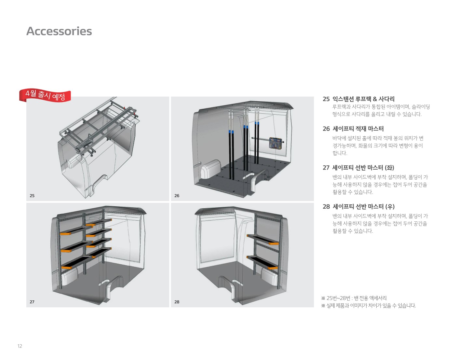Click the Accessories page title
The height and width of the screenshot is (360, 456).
pos(59,31)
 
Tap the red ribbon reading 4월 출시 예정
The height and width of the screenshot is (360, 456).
pos(45,95)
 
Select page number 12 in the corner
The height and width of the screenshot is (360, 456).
pos(20,346)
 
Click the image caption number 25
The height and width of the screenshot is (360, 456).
pos(32,196)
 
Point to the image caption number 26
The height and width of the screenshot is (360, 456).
pos(177,196)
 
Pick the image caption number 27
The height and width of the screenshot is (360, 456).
pos(32,302)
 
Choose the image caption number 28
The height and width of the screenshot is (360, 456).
pos(177,302)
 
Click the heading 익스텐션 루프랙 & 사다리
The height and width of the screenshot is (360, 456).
pos(363,99)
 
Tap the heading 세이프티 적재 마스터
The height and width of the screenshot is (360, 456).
pos(358,129)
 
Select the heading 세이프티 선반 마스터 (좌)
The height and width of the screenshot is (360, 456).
pos(363,168)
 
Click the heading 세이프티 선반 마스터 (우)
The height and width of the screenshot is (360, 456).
pos(363,206)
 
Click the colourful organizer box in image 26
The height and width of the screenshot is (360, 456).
pos(275,143)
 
